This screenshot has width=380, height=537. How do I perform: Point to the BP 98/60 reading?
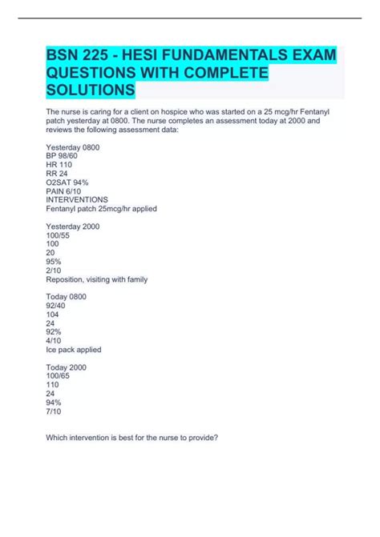coord(64,156)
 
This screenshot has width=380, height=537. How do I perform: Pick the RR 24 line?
coord(59,174)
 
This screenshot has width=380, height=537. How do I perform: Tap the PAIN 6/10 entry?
coord(66,190)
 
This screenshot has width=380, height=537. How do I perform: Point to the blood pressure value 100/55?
coord(60,236)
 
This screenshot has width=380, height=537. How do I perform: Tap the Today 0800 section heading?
coord(67,297)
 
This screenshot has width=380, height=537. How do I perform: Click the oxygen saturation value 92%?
coord(55,332)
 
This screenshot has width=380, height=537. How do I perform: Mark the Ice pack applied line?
coord(75,350)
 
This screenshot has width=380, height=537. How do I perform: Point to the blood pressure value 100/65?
coord(60,376)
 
